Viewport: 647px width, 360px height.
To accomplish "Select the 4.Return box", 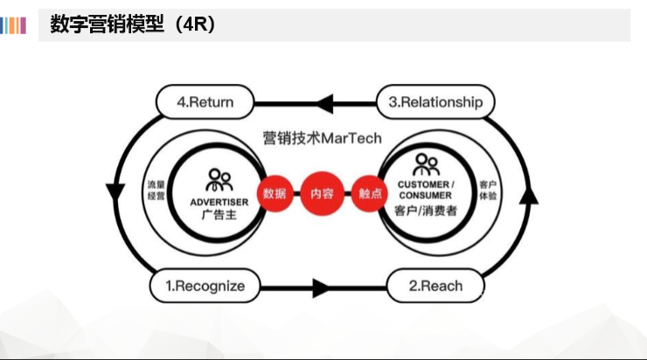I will point(205,102).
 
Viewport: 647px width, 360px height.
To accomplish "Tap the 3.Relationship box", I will point(435,102).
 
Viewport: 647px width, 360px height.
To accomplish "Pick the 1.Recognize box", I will point(205,285).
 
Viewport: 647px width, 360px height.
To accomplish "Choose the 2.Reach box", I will point(435,285).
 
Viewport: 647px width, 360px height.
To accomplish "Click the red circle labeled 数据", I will point(274,194).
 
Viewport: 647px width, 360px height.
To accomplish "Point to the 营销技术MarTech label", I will point(322,139).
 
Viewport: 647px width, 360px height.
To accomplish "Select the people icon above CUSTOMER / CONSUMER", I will point(426,164).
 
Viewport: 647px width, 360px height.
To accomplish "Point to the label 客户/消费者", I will point(426,211).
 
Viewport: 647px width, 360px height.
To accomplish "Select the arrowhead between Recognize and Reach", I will point(320,287).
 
